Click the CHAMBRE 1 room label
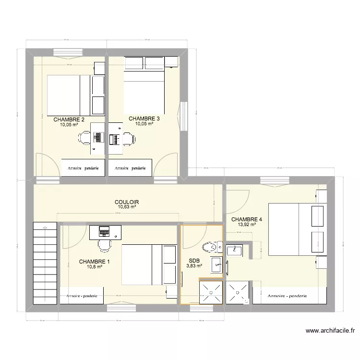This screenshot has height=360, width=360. (94, 262)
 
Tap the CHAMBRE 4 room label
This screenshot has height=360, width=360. (247, 220)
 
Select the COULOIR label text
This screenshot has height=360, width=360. (127, 203)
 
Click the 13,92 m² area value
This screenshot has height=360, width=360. (247, 225)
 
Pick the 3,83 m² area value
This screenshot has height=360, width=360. (194, 265)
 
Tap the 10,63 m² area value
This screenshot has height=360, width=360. (127, 207)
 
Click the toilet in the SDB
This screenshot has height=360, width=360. (209, 247)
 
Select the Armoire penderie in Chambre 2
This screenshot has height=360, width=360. (83, 168)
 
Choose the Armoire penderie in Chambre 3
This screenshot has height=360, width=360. (130, 168)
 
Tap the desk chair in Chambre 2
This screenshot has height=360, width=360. (84, 138)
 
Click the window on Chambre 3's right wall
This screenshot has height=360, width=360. (183, 116)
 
